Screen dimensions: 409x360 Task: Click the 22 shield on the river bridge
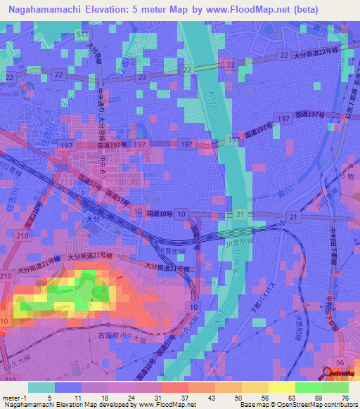click(x=229, y=64)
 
